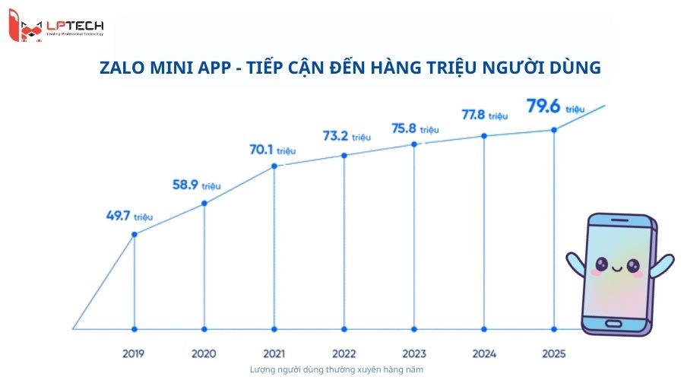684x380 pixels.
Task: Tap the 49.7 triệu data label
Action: (129, 215)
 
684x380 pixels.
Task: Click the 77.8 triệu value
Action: (484, 115)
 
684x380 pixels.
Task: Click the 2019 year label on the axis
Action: (134, 353)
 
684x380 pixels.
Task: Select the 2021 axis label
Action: (274, 353)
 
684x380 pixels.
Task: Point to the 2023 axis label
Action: (414, 353)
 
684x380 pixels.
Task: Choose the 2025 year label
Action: (554, 353)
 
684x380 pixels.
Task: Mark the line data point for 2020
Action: (204, 203)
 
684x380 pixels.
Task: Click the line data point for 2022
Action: (344, 155)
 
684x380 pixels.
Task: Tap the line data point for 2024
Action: (484, 136)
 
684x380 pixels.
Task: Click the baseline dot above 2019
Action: (135, 329)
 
